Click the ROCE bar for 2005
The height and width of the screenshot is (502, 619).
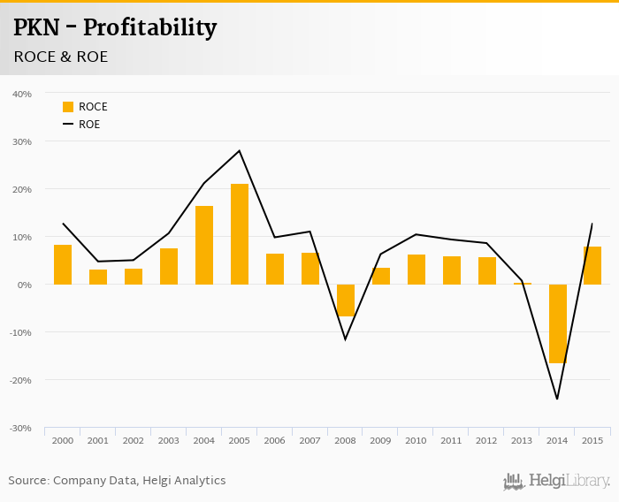(240, 234)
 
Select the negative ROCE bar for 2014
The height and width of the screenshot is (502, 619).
(557, 323)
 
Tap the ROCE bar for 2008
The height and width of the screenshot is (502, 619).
(346, 300)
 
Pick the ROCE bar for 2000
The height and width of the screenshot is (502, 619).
(63, 264)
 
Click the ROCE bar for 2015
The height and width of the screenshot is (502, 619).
(592, 265)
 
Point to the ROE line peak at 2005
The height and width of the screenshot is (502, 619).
(240, 151)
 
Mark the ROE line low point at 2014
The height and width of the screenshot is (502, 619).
(557, 399)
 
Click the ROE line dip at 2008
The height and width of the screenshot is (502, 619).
(346, 339)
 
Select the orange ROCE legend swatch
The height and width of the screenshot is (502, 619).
(68, 107)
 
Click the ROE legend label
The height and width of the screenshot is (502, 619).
(89, 125)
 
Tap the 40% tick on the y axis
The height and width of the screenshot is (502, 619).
(22, 94)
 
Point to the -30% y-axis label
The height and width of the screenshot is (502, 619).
(20, 428)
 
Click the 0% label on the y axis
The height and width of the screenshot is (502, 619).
(24, 285)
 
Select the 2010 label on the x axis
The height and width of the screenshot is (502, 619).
(416, 440)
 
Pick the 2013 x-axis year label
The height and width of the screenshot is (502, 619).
(522, 440)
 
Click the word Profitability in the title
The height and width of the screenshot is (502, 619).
(149, 28)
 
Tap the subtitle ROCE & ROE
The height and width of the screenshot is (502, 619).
(61, 57)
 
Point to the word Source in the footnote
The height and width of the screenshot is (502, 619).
(28, 481)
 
